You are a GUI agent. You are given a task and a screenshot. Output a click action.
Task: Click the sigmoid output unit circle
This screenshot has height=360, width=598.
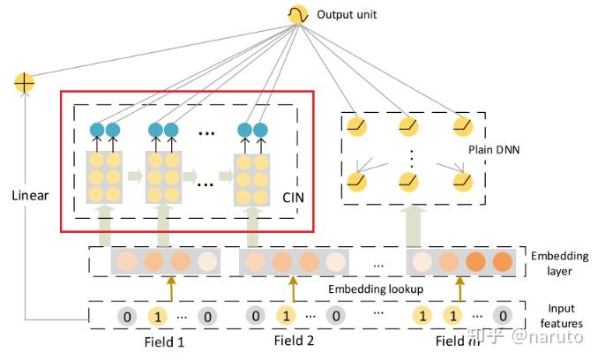click(296, 14)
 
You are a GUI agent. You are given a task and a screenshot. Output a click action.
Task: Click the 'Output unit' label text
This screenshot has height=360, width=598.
click(347, 15)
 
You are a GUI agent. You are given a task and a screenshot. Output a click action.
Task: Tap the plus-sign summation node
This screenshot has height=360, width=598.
click(24, 84)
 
